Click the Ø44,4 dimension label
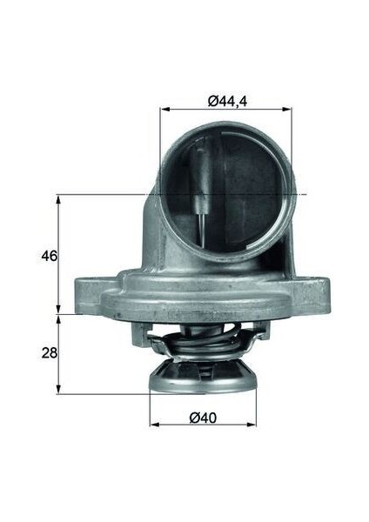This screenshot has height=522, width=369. click(x=227, y=101)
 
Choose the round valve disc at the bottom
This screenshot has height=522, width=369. click(x=204, y=383)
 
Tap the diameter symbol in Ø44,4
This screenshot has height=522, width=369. click(x=213, y=101)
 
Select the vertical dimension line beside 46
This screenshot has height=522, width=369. click(x=59, y=252)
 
